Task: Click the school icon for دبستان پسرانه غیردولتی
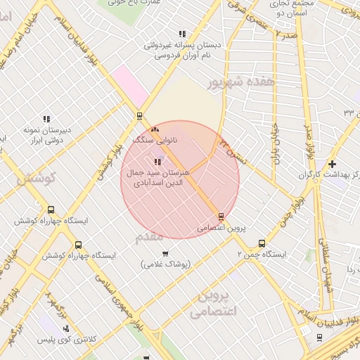click(183, 34)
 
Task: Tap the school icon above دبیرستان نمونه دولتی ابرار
click(47, 119)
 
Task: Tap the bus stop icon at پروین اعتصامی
click(221, 217)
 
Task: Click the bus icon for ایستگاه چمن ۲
click(263, 243)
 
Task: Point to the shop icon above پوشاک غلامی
click(165, 254)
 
